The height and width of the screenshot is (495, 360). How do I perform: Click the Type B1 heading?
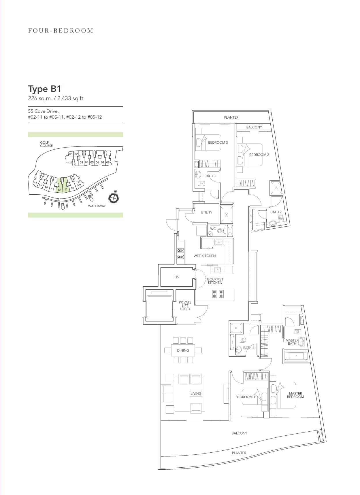[x=44, y=89]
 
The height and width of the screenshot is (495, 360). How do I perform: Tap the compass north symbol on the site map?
[x=114, y=198]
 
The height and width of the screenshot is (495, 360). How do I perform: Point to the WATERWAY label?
[x=97, y=206]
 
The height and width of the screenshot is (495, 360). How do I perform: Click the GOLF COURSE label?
[x=46, y=144]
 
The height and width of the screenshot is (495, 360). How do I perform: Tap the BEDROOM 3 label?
[x=218, y=143]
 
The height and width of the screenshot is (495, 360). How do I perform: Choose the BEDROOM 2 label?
[x=259, y=155]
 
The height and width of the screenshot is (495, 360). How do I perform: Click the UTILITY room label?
[x=206, y=212]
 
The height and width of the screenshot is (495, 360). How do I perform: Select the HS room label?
[x=176, y=277]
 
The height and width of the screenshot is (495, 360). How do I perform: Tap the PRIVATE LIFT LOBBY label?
[x=185, y=306]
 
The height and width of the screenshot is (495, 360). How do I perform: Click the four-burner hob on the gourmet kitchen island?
[x=218, y=294]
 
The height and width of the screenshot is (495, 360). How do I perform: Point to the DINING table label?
[x=183, y=350]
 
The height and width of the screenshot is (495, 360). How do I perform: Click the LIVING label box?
[x=196, y=394]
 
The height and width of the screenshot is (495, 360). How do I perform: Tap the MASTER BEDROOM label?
[x=295, y=395]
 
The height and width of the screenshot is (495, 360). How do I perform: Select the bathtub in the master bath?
[x=296, y=356]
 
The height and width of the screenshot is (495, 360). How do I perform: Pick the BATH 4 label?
[x=249, y=348]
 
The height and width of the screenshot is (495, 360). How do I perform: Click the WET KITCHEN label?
[x=205, y=256]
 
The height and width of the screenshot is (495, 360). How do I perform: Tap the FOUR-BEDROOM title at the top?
[x=61, y=31]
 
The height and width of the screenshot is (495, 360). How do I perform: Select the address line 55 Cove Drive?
[x=43, y=111]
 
